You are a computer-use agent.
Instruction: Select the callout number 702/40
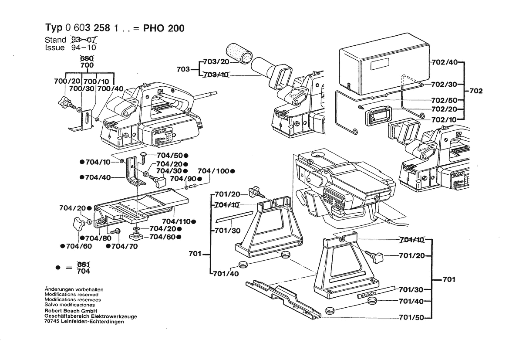(x=445, y=62)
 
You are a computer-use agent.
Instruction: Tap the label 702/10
(x=445, y=118)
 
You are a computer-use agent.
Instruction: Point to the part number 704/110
(x=177, y=221)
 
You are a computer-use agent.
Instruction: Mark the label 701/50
(x=411, y=318)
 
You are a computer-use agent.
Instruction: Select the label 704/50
(x=169, y=155)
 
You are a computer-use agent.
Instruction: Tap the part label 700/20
(x=67, y=82)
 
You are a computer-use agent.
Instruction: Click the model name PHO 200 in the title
(x=164, y=28)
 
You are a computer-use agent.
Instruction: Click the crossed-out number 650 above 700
(x=87, y=58)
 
